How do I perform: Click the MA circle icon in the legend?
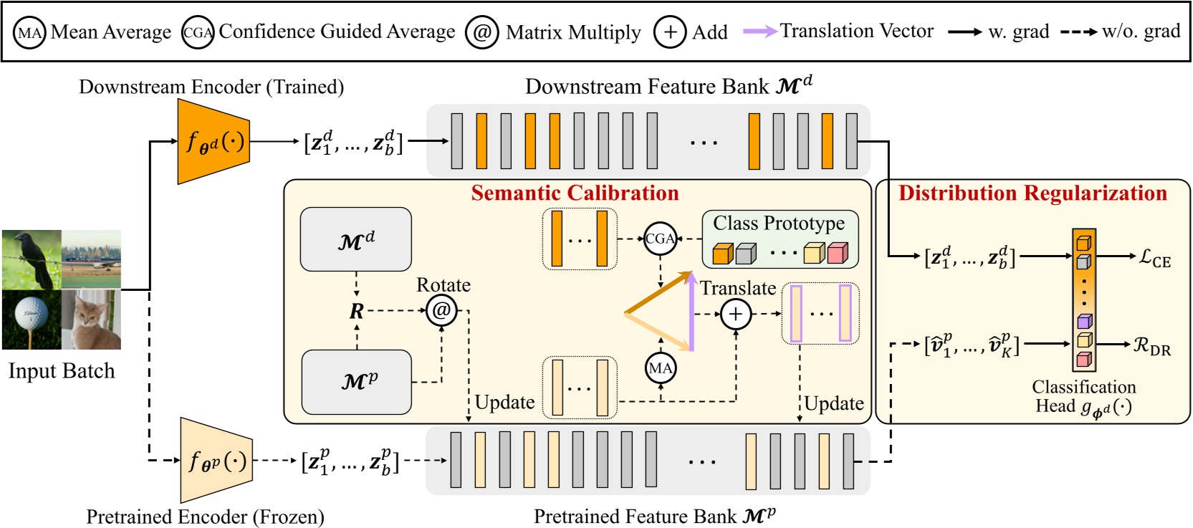point(29,33)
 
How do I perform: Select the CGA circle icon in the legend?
point(197,33)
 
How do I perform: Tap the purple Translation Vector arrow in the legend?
point(760,32)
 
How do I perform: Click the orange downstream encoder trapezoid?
point(213,142)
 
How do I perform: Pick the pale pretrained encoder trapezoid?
point(216,461)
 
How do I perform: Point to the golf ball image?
point(32,320)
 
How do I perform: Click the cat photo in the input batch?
point(92,320)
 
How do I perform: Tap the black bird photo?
point(32,259)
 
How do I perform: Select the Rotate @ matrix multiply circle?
point(441,311)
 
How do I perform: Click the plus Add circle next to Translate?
point(735,314)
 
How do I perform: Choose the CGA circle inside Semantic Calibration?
point(660,239)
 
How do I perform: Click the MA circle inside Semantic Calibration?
point(660,368)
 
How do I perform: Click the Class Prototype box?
point(780,239)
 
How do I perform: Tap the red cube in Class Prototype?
point(837,253)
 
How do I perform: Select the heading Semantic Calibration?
point(575,193)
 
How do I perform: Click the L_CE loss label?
point(1155,258)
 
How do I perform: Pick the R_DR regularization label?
point(1151,347)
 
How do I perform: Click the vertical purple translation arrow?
point(691,315)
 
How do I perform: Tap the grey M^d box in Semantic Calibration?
point(355,240)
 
